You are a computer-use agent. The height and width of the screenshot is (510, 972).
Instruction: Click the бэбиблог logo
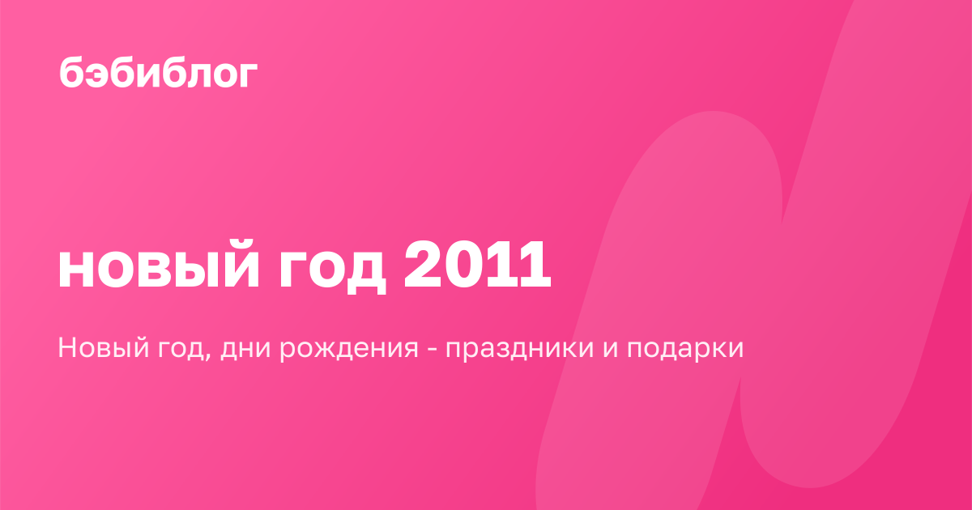(x=159, y=72)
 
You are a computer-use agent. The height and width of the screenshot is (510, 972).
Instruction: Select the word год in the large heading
(x=332, y=270)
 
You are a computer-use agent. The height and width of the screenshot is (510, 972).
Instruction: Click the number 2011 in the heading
(x=477, y=264)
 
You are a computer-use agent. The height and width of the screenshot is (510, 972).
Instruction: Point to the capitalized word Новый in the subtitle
(x=104, y=348)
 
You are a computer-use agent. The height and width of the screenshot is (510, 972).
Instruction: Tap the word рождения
(x=348, y=350)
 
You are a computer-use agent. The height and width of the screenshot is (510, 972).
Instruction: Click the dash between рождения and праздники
(x=432, y=350)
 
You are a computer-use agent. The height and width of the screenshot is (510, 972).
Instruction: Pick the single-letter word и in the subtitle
(x=610, y=349)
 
